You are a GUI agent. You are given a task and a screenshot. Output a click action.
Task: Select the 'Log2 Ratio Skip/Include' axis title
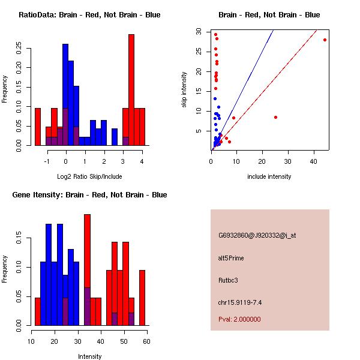point(89,176)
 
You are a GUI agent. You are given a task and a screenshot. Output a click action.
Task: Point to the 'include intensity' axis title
point(269,176)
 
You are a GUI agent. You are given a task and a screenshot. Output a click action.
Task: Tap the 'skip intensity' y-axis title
point(184,89)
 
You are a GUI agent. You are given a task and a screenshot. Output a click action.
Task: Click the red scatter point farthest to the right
point(325,40)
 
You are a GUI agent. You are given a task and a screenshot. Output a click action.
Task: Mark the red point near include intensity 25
point(275,117)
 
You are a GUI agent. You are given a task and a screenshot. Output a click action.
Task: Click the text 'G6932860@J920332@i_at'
point(257,235)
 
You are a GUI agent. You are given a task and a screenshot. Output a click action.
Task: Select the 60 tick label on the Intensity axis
point(147,341)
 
